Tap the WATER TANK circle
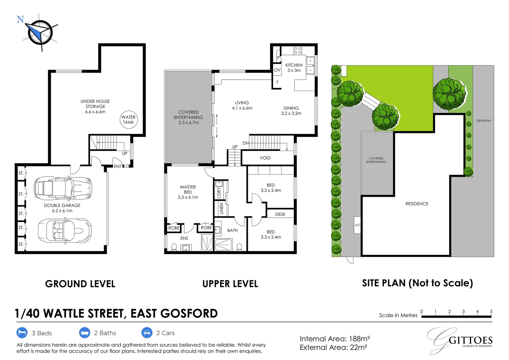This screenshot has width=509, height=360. [x=128, y=120]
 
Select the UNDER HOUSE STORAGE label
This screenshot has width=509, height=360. [x=95, y=106]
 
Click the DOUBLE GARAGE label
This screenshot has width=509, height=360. [x=62, y=208]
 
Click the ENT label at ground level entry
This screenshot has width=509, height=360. [x=118, y=166]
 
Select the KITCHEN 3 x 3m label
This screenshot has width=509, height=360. [x=294, y=68]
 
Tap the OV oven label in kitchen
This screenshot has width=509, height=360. [x=277, y=70]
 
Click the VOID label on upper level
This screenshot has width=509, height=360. [x=265, y=158]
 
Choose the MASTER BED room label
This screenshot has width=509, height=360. [x=188, y=192]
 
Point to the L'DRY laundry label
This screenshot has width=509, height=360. [x=219, y=193]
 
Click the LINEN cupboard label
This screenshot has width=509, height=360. [x=221, y=209]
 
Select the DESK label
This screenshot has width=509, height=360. [x=280, y=214]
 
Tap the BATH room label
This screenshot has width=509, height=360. [x=233, y=230]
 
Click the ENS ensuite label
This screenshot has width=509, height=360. [x=184, y=238]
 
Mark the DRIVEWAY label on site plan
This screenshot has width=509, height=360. [x=484, y=121]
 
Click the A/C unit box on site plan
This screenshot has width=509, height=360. [x=357, y=225]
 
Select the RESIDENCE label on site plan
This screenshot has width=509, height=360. [x=417, y=204]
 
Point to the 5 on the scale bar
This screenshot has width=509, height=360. [x=491, y=312]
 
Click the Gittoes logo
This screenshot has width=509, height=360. [x=460, y=340]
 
